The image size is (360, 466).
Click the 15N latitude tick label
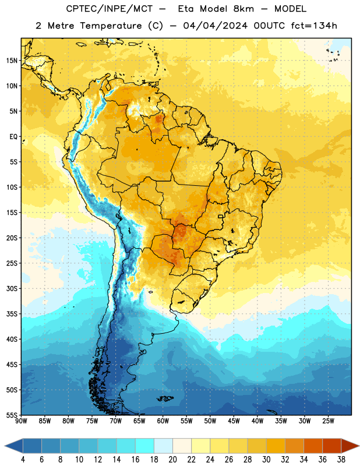[x=12, y=61]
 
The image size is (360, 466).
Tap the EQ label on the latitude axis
[x=13, y=137]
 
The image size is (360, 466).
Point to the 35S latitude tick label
[x=12, y=314]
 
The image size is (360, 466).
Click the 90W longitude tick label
[x=21, y=421]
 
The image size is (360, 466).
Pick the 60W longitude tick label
[x=163, y=421]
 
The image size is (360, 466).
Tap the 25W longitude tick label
[x=328, y=421]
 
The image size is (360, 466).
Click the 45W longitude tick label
[x=234, y=421]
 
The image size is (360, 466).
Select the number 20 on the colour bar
[x=172, y=460]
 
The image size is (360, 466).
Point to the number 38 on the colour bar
[x=341, y=460]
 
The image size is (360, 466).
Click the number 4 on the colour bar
[x=23, y=460]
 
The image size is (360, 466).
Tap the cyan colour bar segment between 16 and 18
[x=144, y=446]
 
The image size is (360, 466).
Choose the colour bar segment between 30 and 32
[x=276, y=446]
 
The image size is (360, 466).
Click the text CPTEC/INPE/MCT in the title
[x=110, y=9]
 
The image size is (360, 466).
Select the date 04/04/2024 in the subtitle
[x=215, y=26]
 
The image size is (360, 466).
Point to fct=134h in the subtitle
[x=314, y=26]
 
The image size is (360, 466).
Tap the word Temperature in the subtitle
[x=111, y=26]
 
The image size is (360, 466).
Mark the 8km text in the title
[x=243, y=9]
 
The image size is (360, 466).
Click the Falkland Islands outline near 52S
[x=165, y=398]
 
